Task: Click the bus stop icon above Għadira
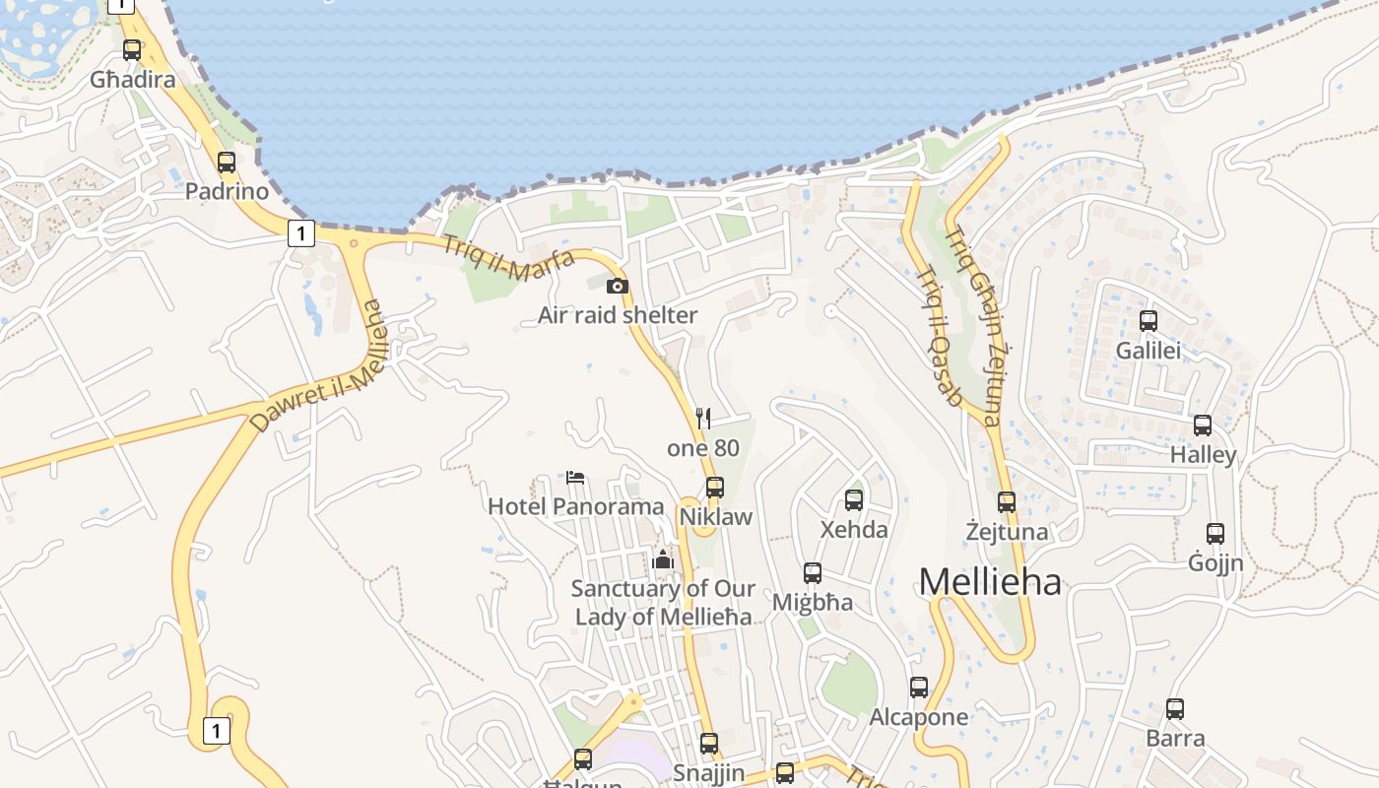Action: [132, 49]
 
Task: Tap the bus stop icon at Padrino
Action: [227, 162]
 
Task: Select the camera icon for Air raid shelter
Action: [618, 287]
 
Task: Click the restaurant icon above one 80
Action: [703, 419]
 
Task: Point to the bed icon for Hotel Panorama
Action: [576, 478]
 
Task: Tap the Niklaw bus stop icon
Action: [715, 487]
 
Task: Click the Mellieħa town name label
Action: [990, 581]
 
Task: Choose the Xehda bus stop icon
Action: [854, 499]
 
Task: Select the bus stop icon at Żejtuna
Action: [1006, 501]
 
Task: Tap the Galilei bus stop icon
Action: [1149, 320]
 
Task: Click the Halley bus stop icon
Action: [1203, 426]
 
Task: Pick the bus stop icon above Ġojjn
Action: [1215, 534]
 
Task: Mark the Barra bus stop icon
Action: [1175, 708]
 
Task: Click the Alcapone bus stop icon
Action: [919, 687]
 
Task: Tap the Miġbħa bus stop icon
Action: [813, 572]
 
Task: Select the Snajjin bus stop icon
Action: [709, 744]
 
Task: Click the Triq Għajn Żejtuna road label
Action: [973, 325]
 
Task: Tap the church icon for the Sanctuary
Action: [663, 559]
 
